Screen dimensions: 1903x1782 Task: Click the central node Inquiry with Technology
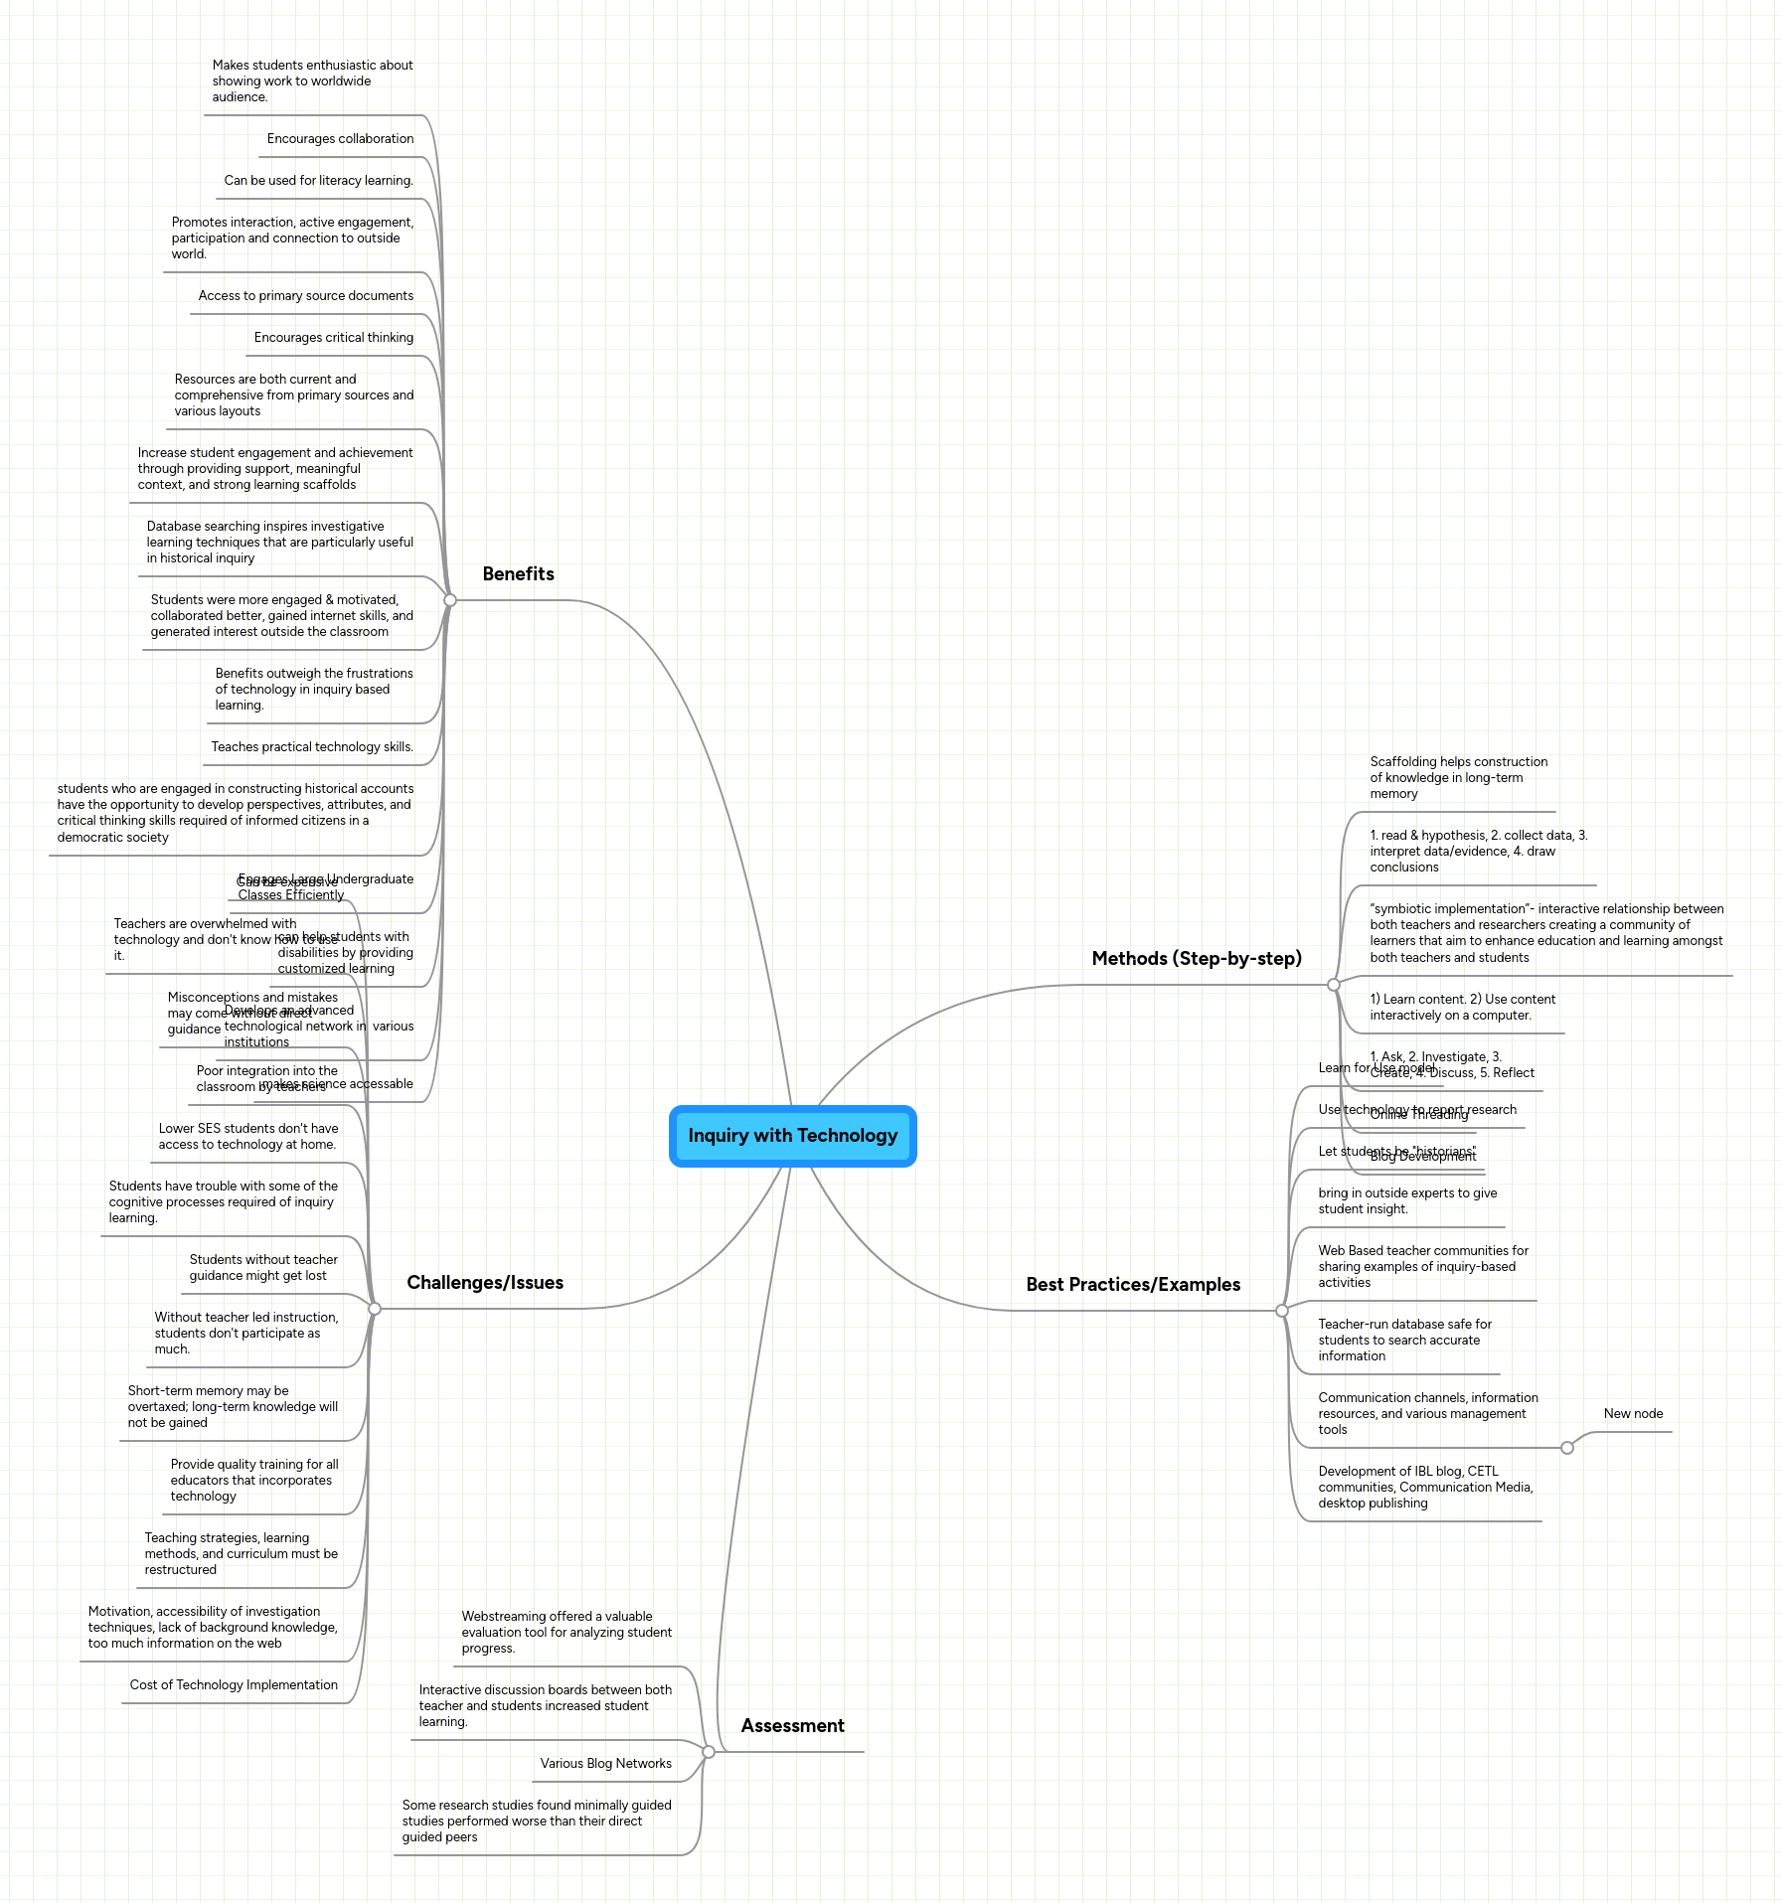coord(792,1136)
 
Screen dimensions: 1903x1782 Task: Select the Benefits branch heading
coord(518,574)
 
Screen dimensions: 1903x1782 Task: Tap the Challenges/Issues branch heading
coord(485,1283)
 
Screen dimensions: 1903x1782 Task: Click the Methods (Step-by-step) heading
coord(1196,959)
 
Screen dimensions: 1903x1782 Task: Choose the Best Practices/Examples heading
coord(1133,1285)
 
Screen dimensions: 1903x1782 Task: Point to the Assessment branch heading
coord(792,1726)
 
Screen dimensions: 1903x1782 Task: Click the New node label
coord(1633,1414)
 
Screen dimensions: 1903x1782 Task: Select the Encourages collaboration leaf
coord(340,139)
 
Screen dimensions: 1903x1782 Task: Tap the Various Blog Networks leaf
coord(605,1764)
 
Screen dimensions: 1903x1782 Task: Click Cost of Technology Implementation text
coord(234,1685)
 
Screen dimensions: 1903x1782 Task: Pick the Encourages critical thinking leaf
coord(333,338)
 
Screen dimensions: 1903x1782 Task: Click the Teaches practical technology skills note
coord(312,747)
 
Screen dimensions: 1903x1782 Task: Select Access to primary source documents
coord(305,296)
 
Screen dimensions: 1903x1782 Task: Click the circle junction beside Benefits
coord(450,600)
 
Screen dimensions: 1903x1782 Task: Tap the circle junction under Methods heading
coord(1334,985)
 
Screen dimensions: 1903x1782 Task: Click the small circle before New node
coord(1567,1448)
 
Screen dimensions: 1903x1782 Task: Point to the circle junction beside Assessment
coord(709,1752)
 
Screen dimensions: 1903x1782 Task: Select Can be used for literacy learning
coord(318,181)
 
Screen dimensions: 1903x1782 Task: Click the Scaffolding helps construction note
coord(1458,778)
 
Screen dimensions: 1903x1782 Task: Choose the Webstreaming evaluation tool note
coord(567,1633)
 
